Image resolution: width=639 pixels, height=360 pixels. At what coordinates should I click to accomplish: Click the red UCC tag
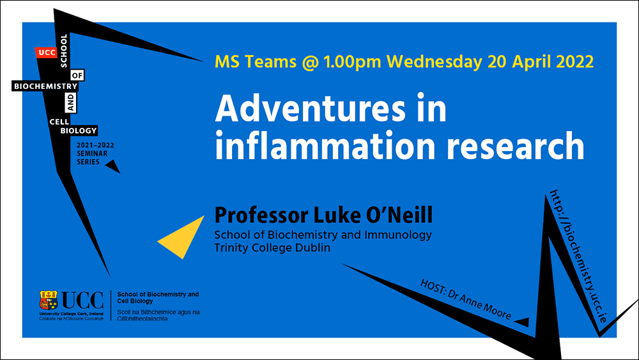point(46,52)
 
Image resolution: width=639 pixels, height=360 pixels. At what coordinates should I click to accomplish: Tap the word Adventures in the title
point(311,109)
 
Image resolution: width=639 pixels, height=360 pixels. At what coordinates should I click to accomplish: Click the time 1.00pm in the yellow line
point(352,61)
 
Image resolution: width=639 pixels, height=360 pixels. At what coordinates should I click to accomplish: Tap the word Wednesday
point(434,61)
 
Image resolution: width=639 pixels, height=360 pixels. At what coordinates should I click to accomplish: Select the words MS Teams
point(256,61)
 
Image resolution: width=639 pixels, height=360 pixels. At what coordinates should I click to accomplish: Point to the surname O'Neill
point(399,215)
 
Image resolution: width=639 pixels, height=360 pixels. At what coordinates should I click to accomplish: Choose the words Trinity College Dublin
point(272,247)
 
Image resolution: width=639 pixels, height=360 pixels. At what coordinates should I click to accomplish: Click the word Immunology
point(397,235)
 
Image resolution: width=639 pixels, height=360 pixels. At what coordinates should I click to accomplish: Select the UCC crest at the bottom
point(48,301)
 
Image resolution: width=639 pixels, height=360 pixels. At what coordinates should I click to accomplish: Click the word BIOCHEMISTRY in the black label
point(45,86)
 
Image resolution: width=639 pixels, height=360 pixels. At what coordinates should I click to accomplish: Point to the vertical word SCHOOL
point(63,51)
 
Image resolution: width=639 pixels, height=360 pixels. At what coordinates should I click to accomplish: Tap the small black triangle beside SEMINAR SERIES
point(113,166)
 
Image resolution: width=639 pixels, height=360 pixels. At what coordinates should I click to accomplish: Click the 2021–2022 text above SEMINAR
point(95,145)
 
